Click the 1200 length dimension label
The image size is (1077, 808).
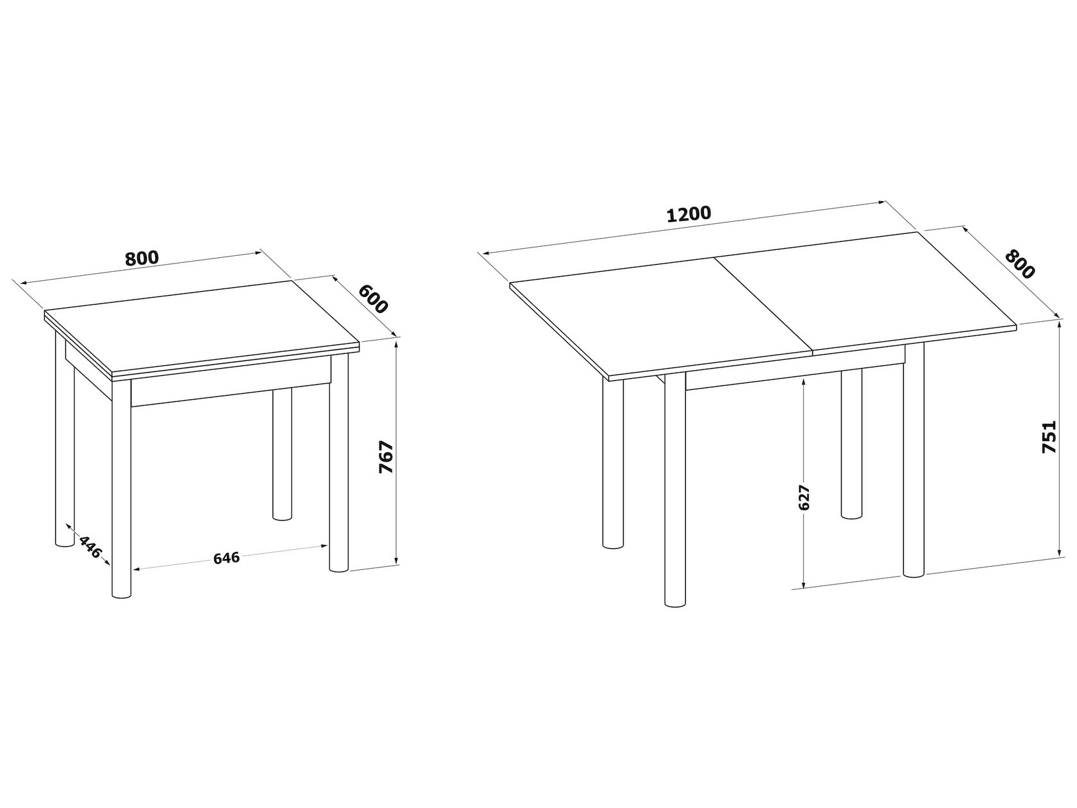[x=689, y=215]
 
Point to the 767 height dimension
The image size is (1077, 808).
[x=387, y=457]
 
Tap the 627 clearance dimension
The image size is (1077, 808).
[x=804, y=498]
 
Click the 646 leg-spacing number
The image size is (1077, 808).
[x=227, y=558]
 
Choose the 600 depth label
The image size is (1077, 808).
[x=373, y=299]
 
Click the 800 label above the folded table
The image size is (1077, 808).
[x=142, y=258]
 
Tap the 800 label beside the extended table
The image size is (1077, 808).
[x=1019, y=264]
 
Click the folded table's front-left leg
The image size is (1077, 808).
[x=122, y=489]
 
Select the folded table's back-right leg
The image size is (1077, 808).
[x=281, y=453]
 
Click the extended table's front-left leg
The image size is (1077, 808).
[x=675, y=496]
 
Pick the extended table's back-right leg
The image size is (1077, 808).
[x=851, y=443]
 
